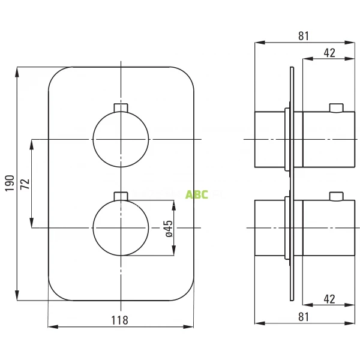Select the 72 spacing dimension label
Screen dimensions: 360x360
click(x=25, y=183)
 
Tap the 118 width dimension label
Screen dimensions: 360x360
click(x=120, y=320)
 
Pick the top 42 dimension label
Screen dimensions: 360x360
click(x=329, y=52)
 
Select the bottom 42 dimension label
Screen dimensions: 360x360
click(x=329, y=298)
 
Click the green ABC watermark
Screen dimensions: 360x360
click(x=196, y=194)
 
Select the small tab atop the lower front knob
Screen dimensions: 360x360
click(x=121, y=196)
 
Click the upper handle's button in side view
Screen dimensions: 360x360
click(x=337, y=107)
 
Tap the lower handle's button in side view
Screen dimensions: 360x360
click(x=337, y=196)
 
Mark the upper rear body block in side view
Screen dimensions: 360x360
click(x=271, y=139)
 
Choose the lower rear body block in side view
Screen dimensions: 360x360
click(x=271, y=228)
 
